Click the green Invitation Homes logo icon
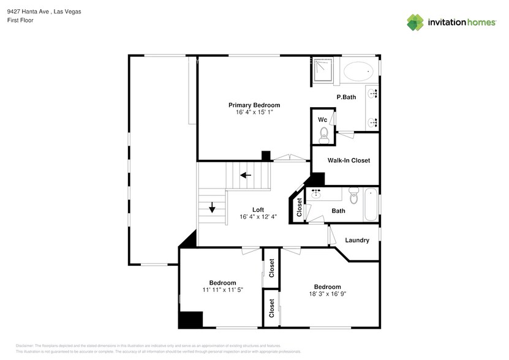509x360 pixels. [x=415, y=22]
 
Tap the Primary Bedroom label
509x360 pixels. [x=254, y=105]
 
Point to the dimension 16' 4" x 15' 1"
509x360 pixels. [x=254, y=113]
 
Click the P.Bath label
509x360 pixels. [x=346, y=97]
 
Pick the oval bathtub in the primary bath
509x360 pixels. [x=358, y=72]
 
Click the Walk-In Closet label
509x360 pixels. [x=349, y=160]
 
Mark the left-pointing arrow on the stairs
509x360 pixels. [x=246, y=175]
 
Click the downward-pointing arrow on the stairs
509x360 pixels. [x=213, y=208]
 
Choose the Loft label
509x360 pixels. [x=258, y=209]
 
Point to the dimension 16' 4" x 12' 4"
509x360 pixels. [x=258, y=217]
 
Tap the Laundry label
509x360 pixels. [x=357, y=240]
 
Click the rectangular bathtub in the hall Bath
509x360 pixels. [x=371, y=206]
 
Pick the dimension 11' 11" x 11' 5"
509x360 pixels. [x=223, y=290]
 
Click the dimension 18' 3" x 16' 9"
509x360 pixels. [x=327, y=294]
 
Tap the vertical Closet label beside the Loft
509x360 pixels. [x=299, y=208]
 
